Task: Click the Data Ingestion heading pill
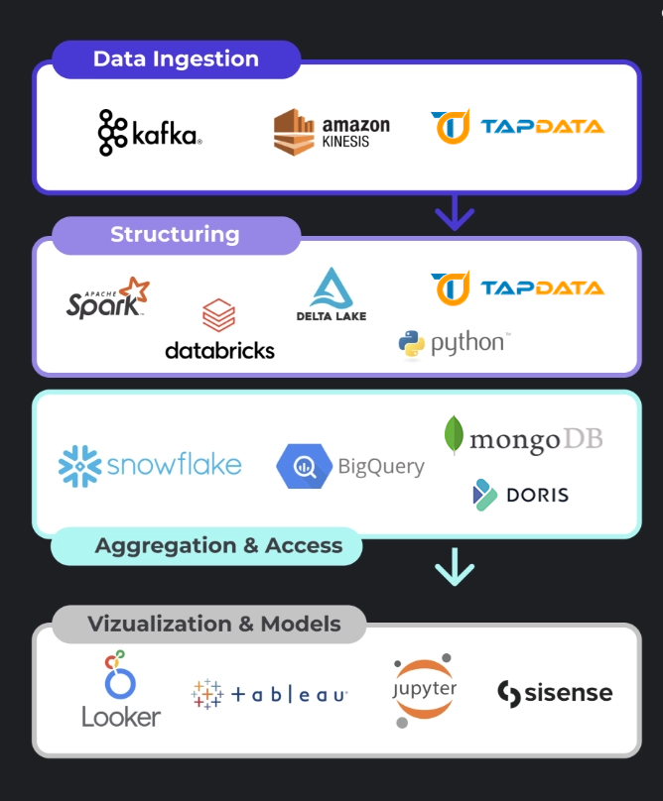click(176, 58)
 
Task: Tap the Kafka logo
click(149, 133)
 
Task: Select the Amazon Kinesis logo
click(331, 133)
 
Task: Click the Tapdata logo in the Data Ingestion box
click(517, 127)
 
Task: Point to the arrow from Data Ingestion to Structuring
click(455, 212)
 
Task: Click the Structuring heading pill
click(175, 235)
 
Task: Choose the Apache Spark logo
click(107, 297)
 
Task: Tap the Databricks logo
click(219, 330)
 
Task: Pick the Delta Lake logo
click(331, 294)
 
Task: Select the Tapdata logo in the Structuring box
click(517, 287)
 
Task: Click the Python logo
click(454, 343)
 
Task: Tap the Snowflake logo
click(150, 464)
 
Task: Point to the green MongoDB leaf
click(455, 435)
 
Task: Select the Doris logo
click(520, 494)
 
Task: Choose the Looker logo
click(120, 691)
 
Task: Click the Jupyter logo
click(424, 690)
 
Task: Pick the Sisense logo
click(555, 693)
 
